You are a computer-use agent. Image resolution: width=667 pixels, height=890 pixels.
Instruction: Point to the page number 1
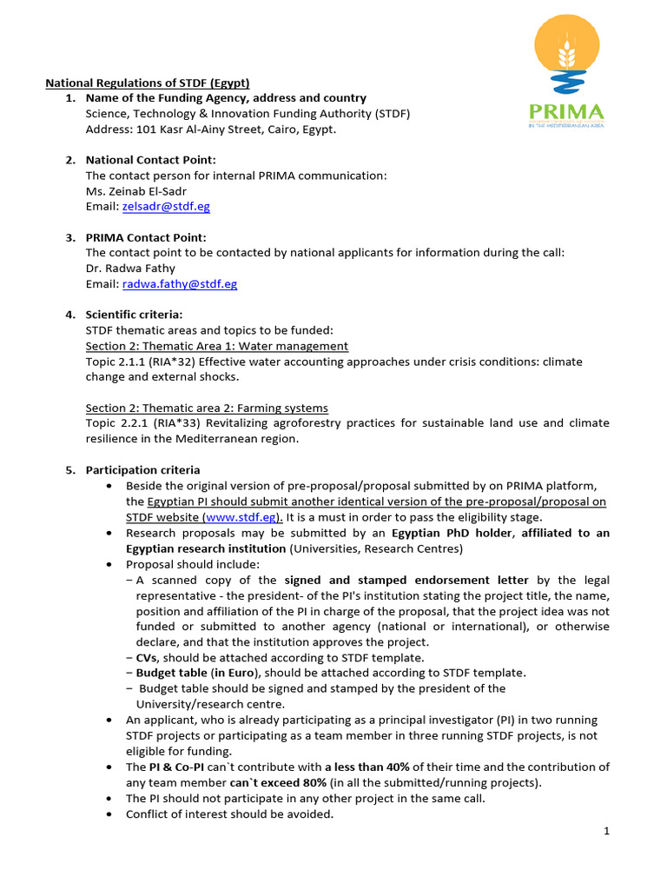(x=607, y=832)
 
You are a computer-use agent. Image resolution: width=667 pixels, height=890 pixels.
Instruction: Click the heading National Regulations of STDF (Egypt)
(x=148, y=83)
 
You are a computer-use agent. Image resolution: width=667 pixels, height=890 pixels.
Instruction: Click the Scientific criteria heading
(x=134, y=315)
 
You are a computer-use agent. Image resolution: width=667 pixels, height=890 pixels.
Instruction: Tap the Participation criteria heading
(x=142, y=470)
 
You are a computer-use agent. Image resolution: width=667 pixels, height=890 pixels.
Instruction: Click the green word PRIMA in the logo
(x=565, y=112)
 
